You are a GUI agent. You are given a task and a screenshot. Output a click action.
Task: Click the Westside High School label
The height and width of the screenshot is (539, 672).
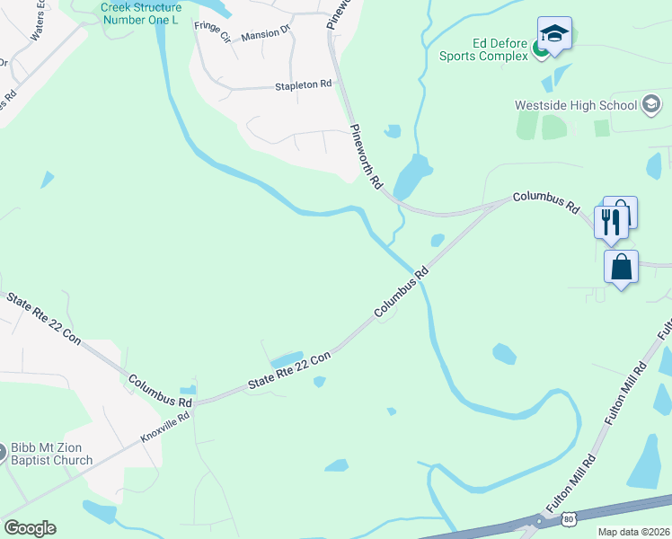[575, 105]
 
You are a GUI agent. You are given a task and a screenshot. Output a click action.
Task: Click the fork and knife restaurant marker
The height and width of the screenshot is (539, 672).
[611, 220]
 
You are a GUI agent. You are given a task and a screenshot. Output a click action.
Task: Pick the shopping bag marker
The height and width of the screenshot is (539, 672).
[621, 267]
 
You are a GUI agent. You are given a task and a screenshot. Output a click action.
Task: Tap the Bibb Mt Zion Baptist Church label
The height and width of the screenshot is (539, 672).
[51, 455]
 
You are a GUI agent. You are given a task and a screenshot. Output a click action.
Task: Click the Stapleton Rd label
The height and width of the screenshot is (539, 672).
[303, 84]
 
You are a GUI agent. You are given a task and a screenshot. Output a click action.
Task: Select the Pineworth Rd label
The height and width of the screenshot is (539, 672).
[366, 156]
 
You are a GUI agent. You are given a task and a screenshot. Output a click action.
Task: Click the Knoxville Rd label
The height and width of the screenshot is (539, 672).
[165, 428]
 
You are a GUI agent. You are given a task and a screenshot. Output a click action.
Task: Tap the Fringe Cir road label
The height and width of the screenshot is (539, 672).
[213, 31]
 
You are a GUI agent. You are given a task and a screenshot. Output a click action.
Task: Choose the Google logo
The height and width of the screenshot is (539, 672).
[30, 528]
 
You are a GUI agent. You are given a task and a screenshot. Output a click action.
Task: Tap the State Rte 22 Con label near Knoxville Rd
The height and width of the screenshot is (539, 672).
[289, 370]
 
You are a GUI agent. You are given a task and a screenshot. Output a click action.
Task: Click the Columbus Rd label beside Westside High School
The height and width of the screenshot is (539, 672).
[546, 200]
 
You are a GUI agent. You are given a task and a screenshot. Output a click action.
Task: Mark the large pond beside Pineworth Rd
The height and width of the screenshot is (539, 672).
[411, 176]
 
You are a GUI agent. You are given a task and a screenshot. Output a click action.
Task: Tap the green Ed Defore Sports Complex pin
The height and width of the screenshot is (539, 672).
[541, 49]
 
